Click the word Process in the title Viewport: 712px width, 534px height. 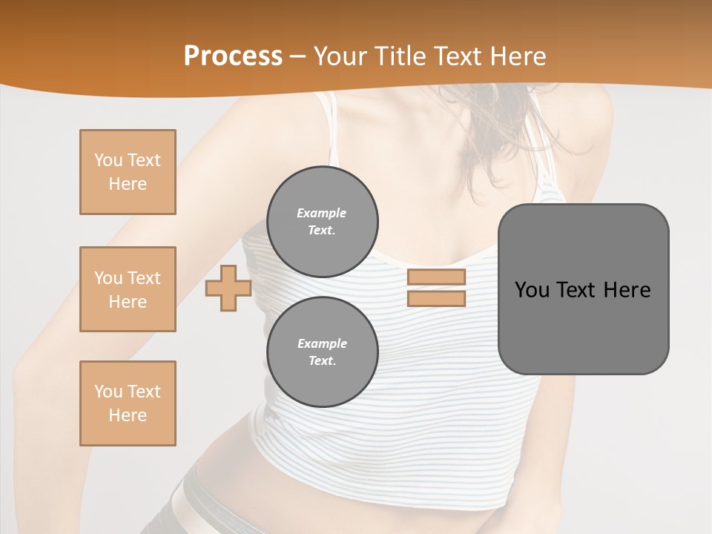pyautogui.click(x=233, y=56)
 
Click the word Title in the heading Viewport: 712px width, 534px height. pyautogui.click(x=400, y=56)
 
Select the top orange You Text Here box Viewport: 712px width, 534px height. pyautogui.click(x=128, y=172)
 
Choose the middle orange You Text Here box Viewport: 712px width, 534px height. pyautogui.click(x=128, y=289)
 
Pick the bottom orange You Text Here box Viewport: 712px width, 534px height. pyautogui.click(x=128, y=403)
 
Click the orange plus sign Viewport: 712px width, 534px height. pyautogui.click(x=228, y=289)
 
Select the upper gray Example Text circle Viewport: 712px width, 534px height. pyautogui.click(x=323, y=222)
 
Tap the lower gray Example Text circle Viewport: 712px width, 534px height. pyautogui.click(x=323, y=352)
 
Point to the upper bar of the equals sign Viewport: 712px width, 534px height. pyautogui.click(x=436, y=277)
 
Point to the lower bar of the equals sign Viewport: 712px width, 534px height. pyautogui.click(x=436, y=298)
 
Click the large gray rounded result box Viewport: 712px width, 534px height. pyautogui.click(x=584, y=326)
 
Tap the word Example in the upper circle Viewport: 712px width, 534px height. pyautogui.click(x=322, y=213)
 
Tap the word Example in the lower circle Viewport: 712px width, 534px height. pyautogui.click(x=322, y=343)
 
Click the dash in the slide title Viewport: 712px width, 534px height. pyautogui.click(x=298, y=56)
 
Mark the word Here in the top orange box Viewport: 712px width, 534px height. pyautogui.click(x=128, y=184)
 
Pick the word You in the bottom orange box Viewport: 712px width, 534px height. pyautogui.click(x=108, y=392)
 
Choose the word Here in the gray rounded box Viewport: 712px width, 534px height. pyautogui.click(x=627, y=290)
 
